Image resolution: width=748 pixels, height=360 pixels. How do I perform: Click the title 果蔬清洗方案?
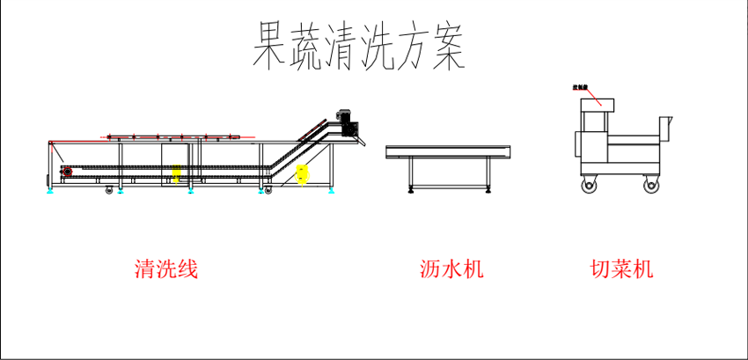357,46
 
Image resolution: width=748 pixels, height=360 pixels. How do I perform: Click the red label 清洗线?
166,268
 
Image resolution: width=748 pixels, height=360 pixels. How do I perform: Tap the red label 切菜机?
621,268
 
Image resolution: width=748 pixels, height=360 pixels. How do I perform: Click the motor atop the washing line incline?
346,121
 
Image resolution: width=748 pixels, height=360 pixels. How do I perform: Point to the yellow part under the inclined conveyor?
302,173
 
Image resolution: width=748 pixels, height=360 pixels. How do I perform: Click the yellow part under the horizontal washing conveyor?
177,177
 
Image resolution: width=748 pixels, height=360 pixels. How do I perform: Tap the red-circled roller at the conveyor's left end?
64,171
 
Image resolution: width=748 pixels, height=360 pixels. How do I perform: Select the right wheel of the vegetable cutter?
651,185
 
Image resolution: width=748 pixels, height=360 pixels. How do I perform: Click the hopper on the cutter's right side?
666,128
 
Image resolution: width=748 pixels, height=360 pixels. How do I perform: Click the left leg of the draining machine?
410,174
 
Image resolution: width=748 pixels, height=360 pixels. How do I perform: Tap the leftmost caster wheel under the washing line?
109,190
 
